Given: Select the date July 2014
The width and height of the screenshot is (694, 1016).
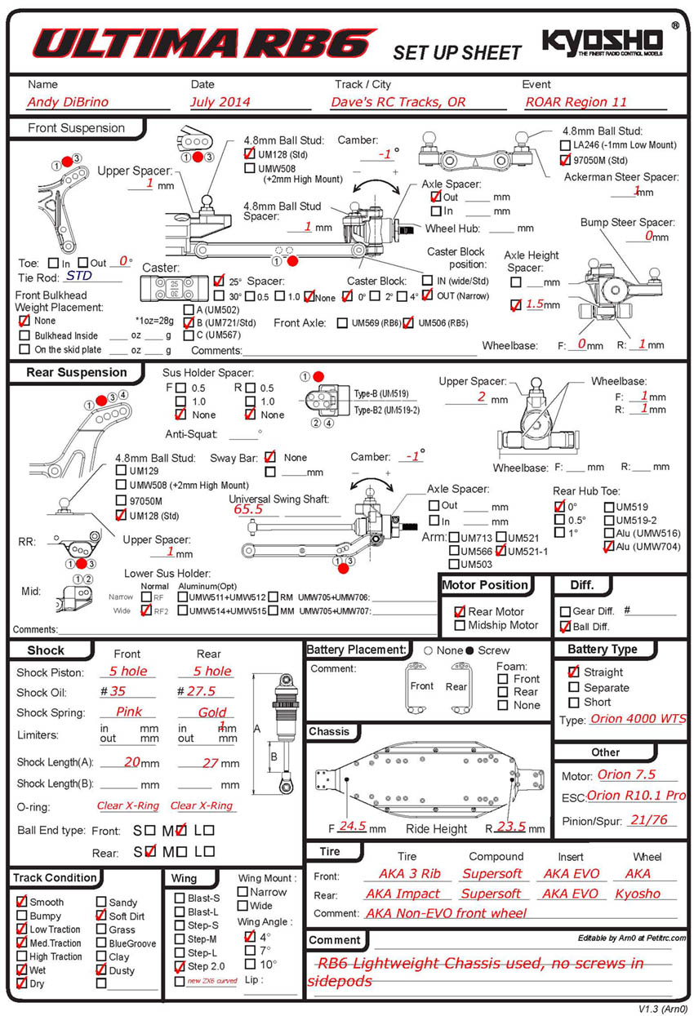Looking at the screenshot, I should pos(220,102).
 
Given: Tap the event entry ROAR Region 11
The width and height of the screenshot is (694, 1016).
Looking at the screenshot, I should pos(576,102).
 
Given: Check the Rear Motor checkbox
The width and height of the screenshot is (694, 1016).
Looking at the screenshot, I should pos(460,611).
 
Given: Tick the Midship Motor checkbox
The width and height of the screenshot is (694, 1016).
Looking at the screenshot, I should pos(460,625).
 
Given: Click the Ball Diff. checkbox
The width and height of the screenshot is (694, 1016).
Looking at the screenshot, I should pos(565,627).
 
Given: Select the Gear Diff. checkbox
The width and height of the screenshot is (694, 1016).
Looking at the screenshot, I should pos(565,611).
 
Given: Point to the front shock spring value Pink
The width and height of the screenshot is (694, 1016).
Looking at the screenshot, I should pos(129,712).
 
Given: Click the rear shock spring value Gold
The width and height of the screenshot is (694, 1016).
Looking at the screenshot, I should pos(212,712).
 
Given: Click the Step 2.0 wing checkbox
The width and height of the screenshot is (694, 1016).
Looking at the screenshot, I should pos(180,966).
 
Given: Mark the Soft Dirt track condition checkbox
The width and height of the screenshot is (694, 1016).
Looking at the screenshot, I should pos(101,916).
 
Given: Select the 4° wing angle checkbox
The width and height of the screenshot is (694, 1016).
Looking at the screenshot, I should pos(249,937).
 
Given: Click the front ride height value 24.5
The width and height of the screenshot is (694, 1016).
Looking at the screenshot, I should pos(352,826).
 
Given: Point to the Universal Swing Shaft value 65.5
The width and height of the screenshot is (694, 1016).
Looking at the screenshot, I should pos(248,509).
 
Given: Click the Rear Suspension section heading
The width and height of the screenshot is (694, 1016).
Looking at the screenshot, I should pos(78,373).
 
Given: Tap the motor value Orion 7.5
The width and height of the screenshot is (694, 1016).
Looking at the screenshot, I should pos(626,774).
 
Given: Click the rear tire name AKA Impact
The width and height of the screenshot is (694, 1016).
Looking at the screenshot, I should pos(403,894).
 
